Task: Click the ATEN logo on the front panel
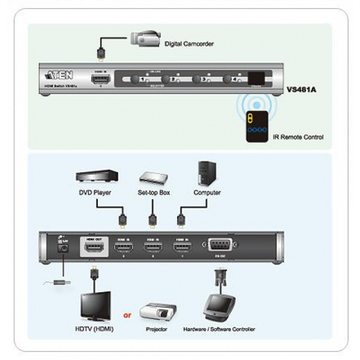pyautogui.click(x=59, y=76)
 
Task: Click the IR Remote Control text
pyautogui.click(x=298, y=137)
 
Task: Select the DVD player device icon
pyautogui.click(x=97, y=176)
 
